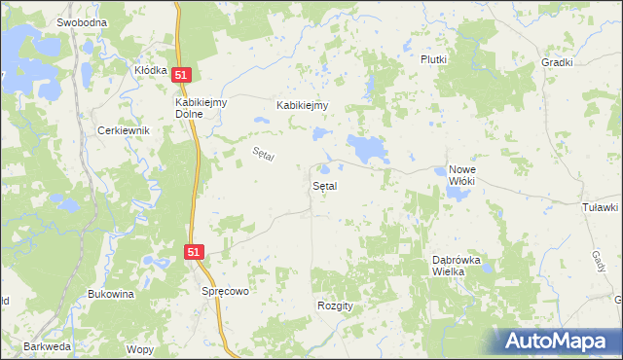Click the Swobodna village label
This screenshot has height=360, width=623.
[x=81, y=21]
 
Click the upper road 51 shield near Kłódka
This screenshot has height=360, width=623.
[x=183, y=75]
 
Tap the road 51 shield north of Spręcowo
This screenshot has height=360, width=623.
[x=195, y=252]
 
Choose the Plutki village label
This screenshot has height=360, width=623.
[x=433, y=59]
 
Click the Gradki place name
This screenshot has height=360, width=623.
[x=557, y=61]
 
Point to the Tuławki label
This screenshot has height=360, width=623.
[x=600, y=207]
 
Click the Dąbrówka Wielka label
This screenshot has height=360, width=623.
[x=458, y=266]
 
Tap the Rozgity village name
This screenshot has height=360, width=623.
[x=335, y=305]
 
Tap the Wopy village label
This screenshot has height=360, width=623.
[x=140, y=348]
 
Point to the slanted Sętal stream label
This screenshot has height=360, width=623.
[x=263, y=154]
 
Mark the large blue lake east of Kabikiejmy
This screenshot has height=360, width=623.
[x=369, y=149]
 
